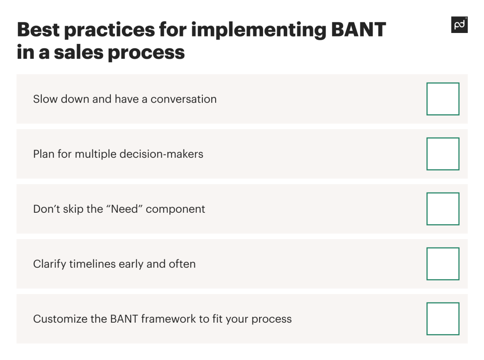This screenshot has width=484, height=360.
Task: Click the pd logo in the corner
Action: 459,25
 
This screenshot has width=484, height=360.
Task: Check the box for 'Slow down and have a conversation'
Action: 443,99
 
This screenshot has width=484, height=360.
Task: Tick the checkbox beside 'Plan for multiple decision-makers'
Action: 443,154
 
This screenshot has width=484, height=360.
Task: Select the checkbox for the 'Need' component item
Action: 443,209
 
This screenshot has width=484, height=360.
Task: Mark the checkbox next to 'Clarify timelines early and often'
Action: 443,264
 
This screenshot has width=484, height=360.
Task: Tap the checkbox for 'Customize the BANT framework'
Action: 443,319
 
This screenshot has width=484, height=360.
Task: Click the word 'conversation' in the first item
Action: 183,99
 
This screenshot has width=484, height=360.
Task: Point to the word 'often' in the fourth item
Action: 182,264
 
